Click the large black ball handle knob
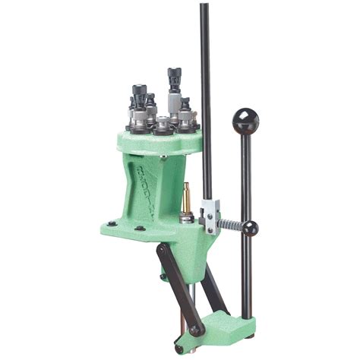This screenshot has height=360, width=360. click(245, 120)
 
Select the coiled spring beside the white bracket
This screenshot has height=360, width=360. click(232, 225)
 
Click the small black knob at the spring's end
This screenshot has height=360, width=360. click(251, 227)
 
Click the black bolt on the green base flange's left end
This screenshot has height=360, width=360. click(112, 224)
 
